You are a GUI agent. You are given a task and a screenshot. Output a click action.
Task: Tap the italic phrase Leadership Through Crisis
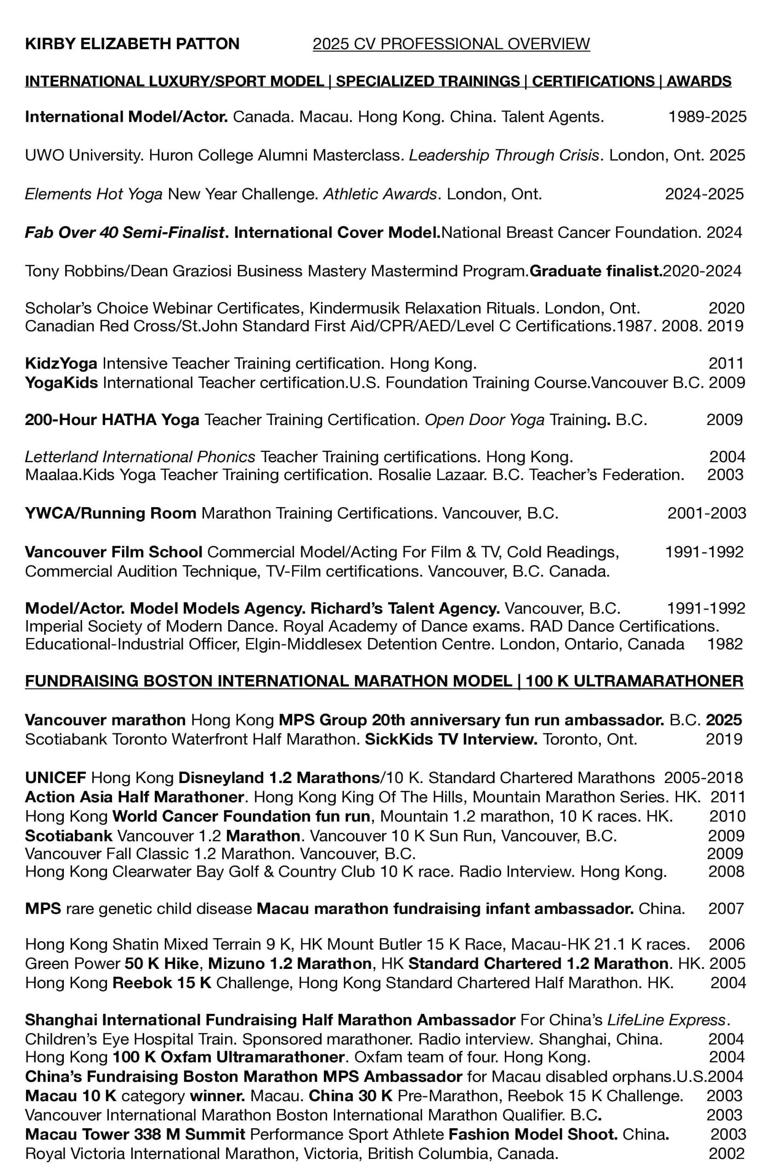click(504, 155)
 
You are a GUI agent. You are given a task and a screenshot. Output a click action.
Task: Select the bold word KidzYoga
click(61, 364)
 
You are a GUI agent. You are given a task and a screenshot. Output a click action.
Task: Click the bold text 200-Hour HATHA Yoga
click(112, 420)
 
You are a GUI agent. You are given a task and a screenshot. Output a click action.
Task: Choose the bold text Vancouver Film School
click(113, 552)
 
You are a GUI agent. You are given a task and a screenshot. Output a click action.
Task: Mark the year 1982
click(724, 644)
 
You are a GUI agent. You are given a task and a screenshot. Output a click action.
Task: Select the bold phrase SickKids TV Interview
click(451, 739)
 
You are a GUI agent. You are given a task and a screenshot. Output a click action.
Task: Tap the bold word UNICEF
click(56, 778)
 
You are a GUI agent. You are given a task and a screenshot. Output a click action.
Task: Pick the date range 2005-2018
click(703, 778)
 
